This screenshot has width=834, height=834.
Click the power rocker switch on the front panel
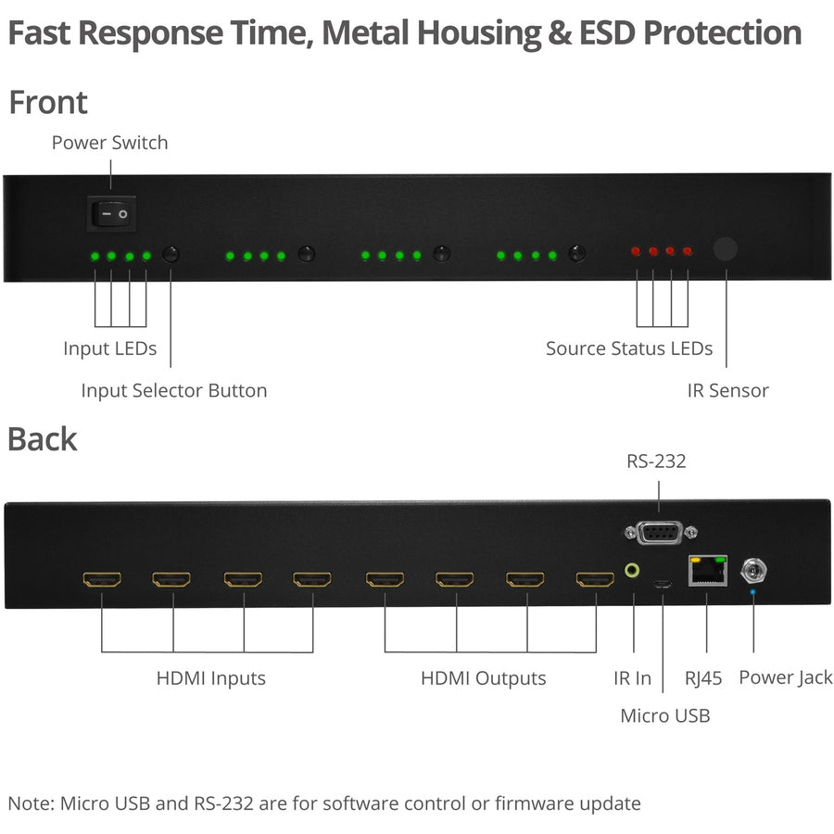click(x=112, y=213)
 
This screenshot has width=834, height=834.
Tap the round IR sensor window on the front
click(x=726, y=249)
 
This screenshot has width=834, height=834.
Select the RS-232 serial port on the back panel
click(x=659, y=534)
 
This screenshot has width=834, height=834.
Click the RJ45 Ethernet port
click(x=707, y=570)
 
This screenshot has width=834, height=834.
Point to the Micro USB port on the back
click(x=662, y=585)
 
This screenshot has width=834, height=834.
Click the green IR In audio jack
click(x=633, y=571)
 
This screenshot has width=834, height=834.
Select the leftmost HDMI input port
click(x=102, y=581)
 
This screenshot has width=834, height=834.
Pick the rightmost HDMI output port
click(x=595, y=581)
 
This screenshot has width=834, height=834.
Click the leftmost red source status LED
click(x=637, y=251)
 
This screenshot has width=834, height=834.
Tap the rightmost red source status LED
click(x=688, y=251)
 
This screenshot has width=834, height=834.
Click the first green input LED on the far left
click(x=94, y=256)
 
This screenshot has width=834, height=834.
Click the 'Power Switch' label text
click(x=109, y=143)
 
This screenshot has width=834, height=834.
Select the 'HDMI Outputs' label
click(x=483, y=678)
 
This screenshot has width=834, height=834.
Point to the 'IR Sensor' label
click(x=727, y=390)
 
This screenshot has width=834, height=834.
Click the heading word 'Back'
click(x=43, y=438)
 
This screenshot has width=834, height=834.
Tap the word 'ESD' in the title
click(x=601, y=32)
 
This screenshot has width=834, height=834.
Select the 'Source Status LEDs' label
click(x=628, y=348)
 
